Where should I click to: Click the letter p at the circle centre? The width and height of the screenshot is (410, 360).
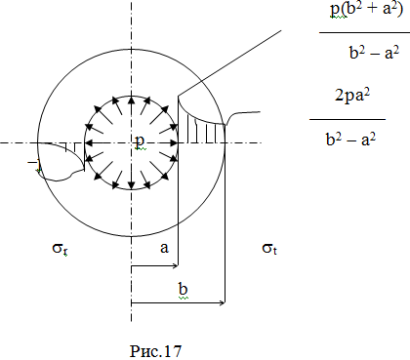coord(140,141)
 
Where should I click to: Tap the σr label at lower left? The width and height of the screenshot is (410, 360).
coord(60,249)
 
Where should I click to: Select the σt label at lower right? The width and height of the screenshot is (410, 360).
coord(269,249)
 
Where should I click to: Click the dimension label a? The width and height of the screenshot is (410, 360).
coord(165,248)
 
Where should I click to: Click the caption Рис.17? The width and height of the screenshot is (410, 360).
coord(155,351)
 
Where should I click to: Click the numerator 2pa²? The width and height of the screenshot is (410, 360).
coord(352,96)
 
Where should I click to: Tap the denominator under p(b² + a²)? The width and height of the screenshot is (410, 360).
coord(374,53)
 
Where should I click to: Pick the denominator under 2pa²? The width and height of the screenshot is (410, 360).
coord(350,140)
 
